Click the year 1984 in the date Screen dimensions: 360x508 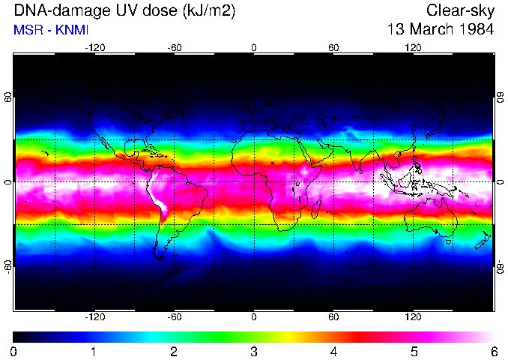pos(477,30)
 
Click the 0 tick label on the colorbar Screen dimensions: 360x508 pos(14,351)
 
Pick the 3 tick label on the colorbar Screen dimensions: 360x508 pos(254,351)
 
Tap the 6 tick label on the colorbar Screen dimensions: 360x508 pos(493,351)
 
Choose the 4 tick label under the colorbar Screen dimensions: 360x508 pos(334,351)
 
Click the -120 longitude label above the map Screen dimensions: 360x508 pos(94,48)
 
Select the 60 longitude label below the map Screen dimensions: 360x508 pos(333,316)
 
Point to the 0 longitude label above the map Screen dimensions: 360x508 pos(254,48)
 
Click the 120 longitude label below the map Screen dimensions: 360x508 pos(413,316)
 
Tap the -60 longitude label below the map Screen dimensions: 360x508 pos(174,316)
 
